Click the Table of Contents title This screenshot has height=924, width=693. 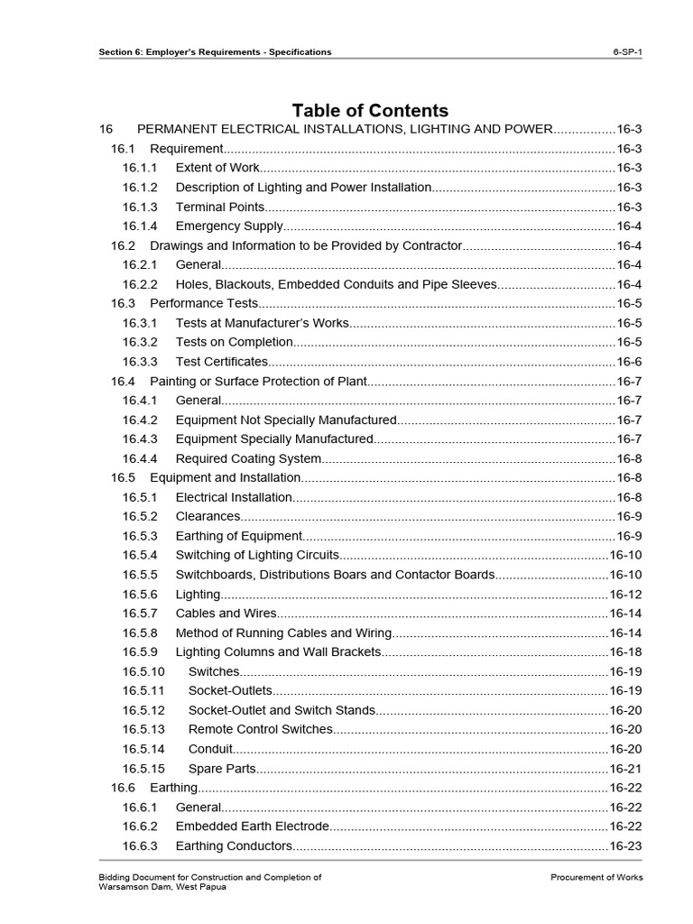(x=370, y=111)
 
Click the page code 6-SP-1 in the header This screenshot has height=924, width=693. (x=627, y=51)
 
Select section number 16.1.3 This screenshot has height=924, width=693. (x=140, y=207)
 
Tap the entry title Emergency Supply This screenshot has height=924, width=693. (x=229, y=226)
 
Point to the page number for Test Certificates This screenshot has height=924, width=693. (x=629, y=362)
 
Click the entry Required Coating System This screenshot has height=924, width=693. (x=248, y=458)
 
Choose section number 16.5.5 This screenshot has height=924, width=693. (x=140, y=575)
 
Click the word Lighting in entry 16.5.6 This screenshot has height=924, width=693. (x=198, y=595)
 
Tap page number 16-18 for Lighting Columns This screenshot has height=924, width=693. (x=625, y=652)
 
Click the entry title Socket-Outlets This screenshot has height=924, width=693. (x=230, y=690)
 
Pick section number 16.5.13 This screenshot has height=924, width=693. (x=144, y=729)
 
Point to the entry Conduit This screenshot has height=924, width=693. (x=210, y=749)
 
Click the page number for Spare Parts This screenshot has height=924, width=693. (x=625, y=769)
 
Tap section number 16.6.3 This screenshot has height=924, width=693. (x=140, y=846)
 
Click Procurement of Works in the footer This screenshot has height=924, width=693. (x=596, y=877)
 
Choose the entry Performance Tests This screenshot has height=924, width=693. (x=204, y=303)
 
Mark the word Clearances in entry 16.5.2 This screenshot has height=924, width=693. (x=208, y=516)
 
